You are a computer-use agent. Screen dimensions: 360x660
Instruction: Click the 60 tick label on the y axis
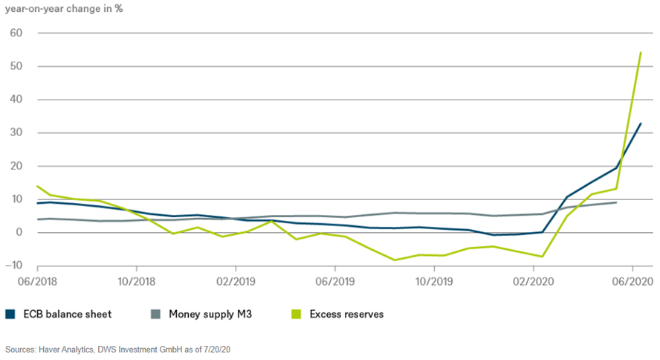coord(17,33)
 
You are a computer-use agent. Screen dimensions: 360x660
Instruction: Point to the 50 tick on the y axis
coord(17,66)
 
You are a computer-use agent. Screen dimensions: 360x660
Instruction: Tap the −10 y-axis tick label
coord(14,266)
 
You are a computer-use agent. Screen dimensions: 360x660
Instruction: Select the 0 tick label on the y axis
coord(20,232)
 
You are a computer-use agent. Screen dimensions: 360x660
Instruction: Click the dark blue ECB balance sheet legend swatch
coord(10,314)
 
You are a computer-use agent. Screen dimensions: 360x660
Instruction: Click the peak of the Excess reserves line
coord(641,52)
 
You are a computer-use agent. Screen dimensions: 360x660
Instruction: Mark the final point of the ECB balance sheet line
coord(641,123)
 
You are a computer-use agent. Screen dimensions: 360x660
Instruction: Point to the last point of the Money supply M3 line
coord(616,202)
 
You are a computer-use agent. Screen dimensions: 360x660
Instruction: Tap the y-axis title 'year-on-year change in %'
coord(64,10)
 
